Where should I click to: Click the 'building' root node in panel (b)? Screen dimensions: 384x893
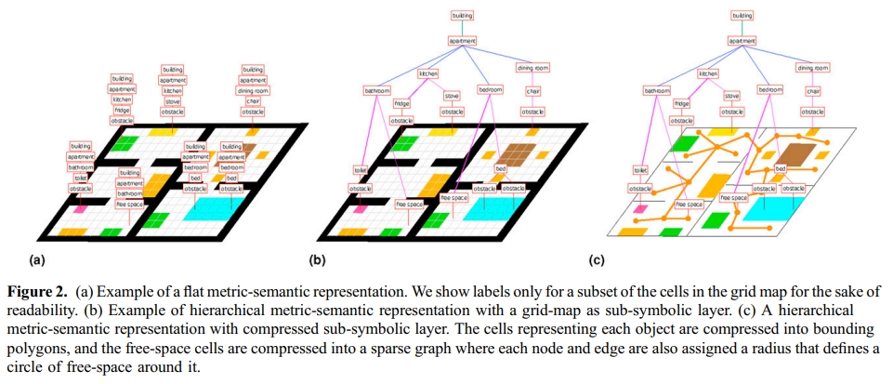(x=462, y=16)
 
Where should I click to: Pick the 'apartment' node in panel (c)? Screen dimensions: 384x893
(x=742, y=41)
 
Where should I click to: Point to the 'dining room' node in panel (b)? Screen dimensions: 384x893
(x=532, y=68)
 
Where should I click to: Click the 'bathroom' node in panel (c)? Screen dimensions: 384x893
(x=657, y=90)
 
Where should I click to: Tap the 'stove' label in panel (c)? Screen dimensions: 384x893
(x=731, y=96)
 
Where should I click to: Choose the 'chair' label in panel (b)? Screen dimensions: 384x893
(x=532, y=91)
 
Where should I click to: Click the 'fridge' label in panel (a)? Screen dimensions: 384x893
(x=122, y=110)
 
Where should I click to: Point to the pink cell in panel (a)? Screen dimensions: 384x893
(x=81, y=212)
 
